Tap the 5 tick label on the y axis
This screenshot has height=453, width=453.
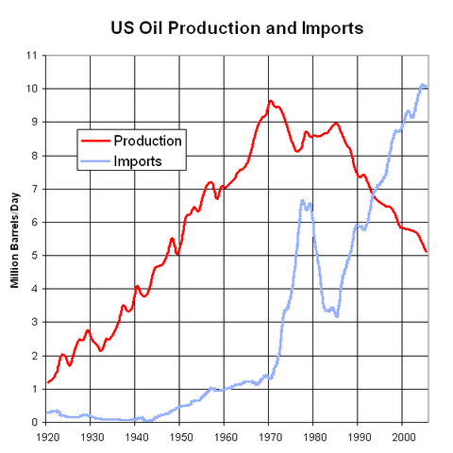click(x=34, y=256)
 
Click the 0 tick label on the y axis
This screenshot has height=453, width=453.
click(x=34, y=422)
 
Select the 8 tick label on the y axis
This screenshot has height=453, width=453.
click(x=34, y=156)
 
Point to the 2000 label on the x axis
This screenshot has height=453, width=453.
click(x=402, y=438)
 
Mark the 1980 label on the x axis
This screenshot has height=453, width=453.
click(x=313, y=438)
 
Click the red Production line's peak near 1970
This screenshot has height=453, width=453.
click(x=270, y=101)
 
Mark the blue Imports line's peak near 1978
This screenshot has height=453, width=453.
click(x=302, y=200)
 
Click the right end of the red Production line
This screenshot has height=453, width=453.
click(x=427, y=251)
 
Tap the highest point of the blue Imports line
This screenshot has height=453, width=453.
click(x=422, y=85)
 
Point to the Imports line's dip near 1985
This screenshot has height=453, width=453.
click(x=337, y=315)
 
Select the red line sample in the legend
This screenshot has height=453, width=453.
click(x=93, y=142)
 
